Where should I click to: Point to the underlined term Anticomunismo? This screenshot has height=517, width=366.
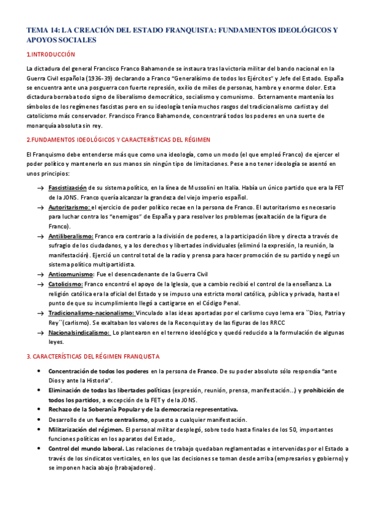coord(70,274)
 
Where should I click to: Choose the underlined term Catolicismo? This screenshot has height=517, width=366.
coord(66,284)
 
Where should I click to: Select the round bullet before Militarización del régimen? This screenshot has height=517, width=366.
coord(40,429)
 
